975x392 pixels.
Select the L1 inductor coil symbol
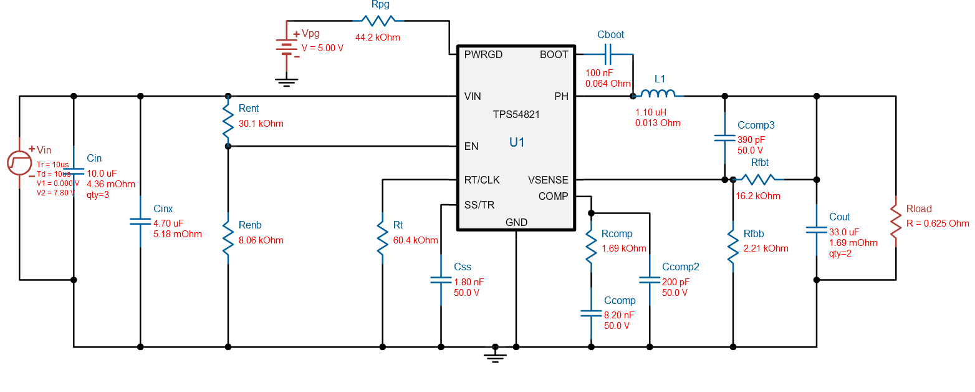pyautogui.click(x=658, y=95)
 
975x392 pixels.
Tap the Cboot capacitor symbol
pyautogui.click(x=608, y=54)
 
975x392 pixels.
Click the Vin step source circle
pyautogui.click(x=19, y=164)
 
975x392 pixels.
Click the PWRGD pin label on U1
pyautogui.click(x=483, y=54)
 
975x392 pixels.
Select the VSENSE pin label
pyautogui.click(x=548, y=180)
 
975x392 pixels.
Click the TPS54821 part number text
pyautogui.click(x=516, y=115)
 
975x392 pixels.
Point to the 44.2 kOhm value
pyautogui.click(x=377, y=37)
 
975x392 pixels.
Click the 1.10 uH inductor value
pyautogui.click(x=651, y=112)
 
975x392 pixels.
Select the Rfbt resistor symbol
pyautogui.click(x=757, y=180)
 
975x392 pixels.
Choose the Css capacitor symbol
pyautogui.click(x=441, y=282)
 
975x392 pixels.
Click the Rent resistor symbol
pyautogui.click(x=228, y=121)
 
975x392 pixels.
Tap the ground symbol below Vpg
pyautogui.click(x=286, y=81)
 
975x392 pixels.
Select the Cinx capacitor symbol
pyautogui.click(x=140, y=221)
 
